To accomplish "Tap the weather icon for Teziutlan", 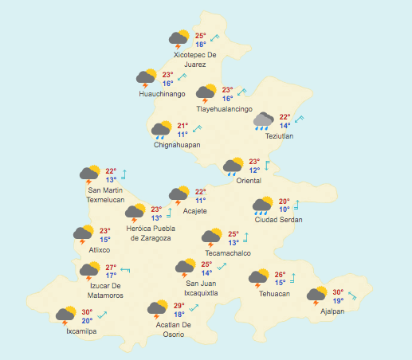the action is pos(264,120).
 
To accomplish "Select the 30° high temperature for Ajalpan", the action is pos(338,292).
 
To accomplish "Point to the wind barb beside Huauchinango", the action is pos(182,76).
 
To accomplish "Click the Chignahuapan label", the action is pos(177,145).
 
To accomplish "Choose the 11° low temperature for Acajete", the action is pos(200,201).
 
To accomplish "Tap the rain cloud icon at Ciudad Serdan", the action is pos(263,207).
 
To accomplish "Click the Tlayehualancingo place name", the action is pos(225,109).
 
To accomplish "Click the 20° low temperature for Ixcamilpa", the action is pos(87,321).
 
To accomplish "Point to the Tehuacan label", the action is pos(274,294).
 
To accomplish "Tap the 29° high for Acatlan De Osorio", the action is pos(179,306).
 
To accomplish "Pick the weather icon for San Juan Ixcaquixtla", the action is pos(186,268).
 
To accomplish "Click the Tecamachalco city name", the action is pos(228,253).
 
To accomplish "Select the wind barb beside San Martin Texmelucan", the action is pos(124,175).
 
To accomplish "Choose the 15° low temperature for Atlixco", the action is pos(104,240).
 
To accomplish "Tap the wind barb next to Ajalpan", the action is pos(352,296).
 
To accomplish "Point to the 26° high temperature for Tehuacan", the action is pos(280,274).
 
